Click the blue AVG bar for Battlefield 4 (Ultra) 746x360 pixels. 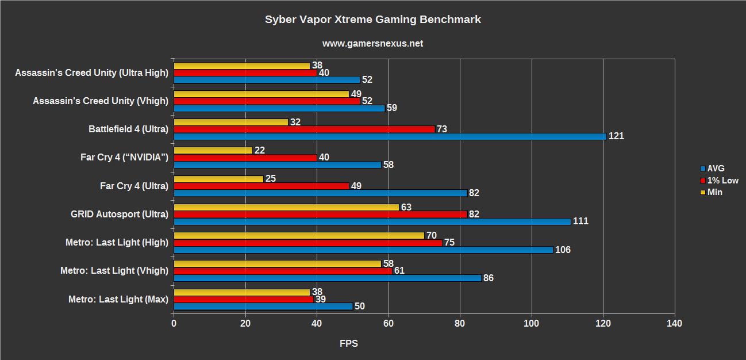click(390, 136)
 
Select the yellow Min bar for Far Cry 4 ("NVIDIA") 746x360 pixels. click(213, 150)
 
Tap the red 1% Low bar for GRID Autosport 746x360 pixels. click(320, 214)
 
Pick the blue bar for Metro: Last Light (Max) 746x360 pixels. click(263, 307)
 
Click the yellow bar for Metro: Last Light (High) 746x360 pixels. click(298, 235)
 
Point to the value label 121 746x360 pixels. click(617, 136)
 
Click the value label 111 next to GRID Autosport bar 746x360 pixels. click(581, 221)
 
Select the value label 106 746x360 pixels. click(563, 250)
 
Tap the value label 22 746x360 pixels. click(260, 150)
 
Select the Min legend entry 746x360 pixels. click(715, 192)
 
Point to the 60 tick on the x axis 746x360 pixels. click(389, 324)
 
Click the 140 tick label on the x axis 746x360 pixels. click(674, 324)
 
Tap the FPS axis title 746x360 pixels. click(349, 344)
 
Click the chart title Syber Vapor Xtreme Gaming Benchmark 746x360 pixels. click(372, 20)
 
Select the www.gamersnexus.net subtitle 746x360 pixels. click(372, 44)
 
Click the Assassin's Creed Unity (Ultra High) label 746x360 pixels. click(91, 73)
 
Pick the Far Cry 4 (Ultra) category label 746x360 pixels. click(134, 186)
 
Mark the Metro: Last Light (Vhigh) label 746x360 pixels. click(114, 271)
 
